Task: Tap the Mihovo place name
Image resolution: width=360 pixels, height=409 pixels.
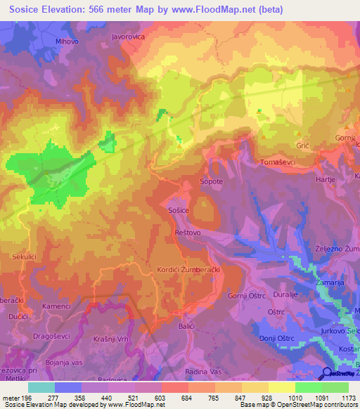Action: (67, 41)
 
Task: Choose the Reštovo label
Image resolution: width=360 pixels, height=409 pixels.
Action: (187, 231)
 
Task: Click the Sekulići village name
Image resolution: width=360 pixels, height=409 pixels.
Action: (24, 258)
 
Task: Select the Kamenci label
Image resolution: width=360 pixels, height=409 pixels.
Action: (56, 307)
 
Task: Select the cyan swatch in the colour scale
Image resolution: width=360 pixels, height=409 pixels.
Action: (41, 387)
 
